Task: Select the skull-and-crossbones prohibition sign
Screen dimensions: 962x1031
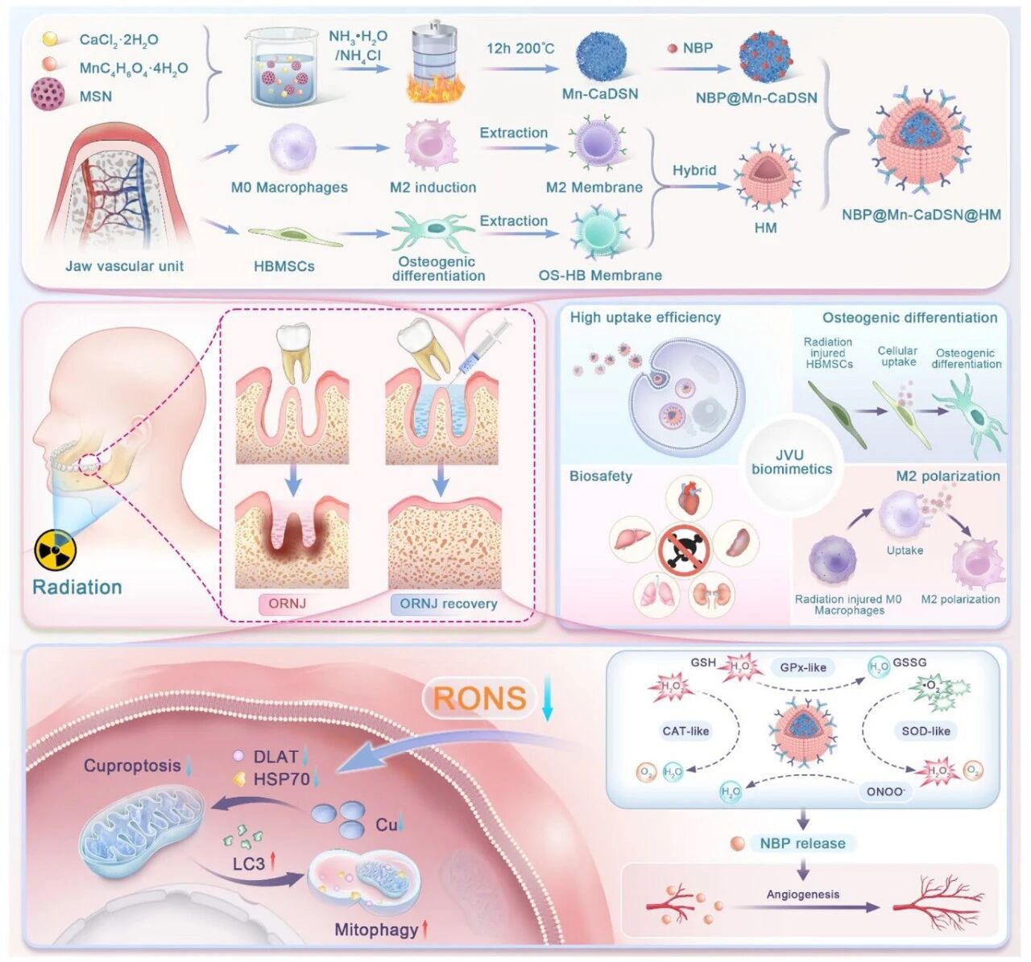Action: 682,551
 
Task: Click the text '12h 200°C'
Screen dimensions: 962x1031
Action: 520,48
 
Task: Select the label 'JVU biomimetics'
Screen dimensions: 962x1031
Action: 791,462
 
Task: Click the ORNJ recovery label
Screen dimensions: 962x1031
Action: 448,604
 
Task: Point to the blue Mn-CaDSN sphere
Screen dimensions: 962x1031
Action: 600,56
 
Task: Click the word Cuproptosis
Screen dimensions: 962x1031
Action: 132,765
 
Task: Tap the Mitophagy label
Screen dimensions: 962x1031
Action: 376,930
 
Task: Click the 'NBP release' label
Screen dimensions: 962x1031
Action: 802,844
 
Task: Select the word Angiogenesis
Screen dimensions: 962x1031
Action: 802,894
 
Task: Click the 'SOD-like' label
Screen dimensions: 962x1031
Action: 925,731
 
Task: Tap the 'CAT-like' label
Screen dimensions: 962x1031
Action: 685,731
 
